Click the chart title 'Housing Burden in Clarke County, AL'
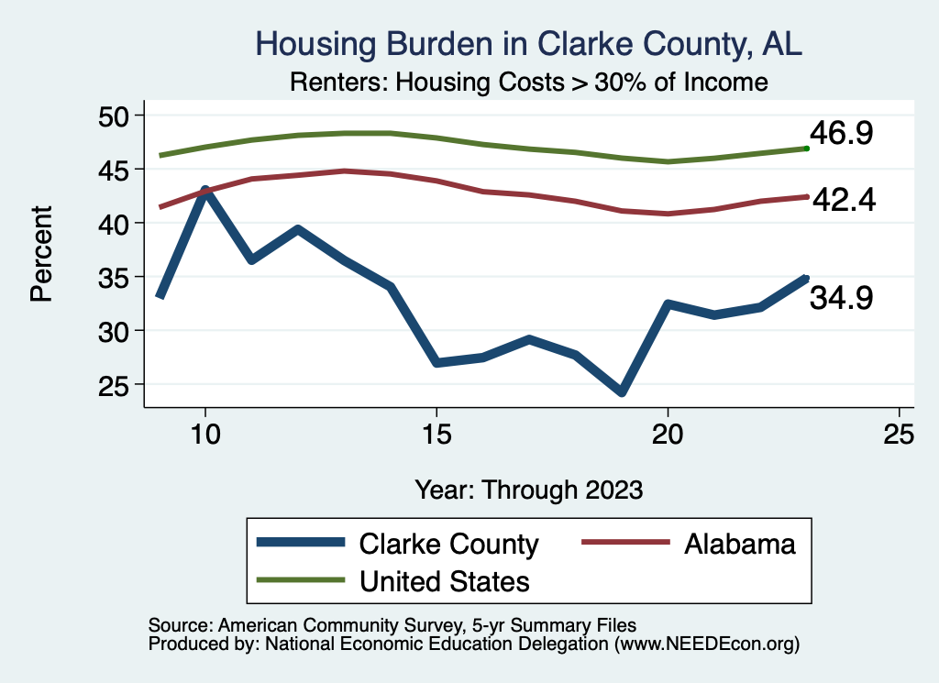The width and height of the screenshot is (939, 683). click(529, 44)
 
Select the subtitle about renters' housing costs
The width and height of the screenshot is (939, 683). click(528, 83)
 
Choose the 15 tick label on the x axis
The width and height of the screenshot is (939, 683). click(436, 434)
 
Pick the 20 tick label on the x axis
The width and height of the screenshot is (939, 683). click(668, 434)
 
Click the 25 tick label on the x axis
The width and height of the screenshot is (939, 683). click(899, 434)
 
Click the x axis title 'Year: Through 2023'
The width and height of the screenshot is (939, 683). click(528, 489)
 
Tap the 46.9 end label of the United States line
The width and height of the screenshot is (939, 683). click(841, 134)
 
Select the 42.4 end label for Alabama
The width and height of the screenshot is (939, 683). click(843, 199)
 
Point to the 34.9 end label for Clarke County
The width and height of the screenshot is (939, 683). click(841, 298)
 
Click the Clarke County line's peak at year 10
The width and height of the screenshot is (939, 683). click(205, 191)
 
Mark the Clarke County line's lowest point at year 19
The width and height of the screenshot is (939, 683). click(622, 391)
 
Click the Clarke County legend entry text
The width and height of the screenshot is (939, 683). click(448, 544)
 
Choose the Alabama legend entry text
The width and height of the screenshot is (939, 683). click(738, 544)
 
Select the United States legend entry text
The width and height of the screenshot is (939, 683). click(445, 581)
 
